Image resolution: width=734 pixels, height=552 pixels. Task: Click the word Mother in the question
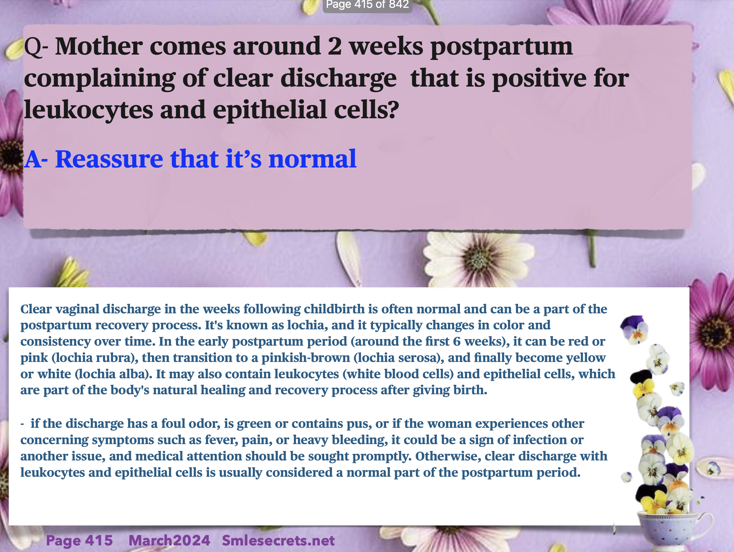point(99,46)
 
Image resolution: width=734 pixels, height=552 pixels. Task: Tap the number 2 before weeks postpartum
point(334,46)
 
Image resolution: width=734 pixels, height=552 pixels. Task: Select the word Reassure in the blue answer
point(109,159)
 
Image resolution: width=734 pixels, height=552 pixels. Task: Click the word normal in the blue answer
point(312,159)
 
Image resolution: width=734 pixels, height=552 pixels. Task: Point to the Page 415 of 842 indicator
point(367,5)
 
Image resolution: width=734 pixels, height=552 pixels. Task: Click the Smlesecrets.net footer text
point(278,540)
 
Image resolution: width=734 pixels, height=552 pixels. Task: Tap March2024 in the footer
point(169,540)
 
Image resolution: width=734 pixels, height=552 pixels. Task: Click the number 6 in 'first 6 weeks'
point(456,341)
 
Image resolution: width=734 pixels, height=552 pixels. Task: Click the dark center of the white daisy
point(478,259)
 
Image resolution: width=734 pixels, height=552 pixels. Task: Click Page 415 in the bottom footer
point(79,540)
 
